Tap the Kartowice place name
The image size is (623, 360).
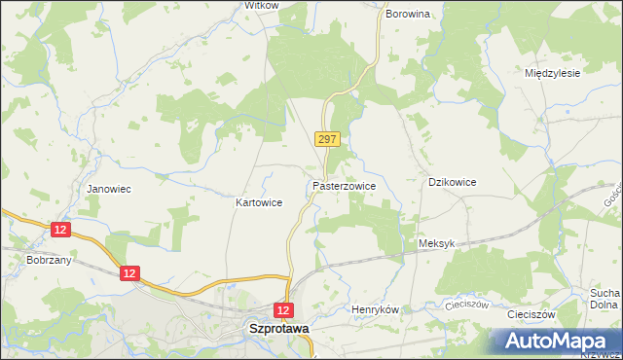click(x=259, y=203)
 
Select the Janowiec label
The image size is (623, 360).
click(x=109, y=189)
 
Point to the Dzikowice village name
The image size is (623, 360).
click(x=453, y=182)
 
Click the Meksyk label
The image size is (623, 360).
click(x=436, y=244)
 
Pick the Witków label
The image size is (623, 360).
click(x=262, y=5)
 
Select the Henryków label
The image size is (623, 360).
click(x=375, y=309)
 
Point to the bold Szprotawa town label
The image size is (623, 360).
click(x=279, y=329)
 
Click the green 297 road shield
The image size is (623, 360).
click(x=327, y=140)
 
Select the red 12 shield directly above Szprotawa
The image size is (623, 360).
click(x=283, y=309)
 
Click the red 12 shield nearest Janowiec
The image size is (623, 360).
click(x=60, y=229)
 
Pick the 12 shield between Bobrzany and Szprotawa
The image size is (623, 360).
click(x=129, y=274)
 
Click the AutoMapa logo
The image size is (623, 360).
click(x=555, y=342)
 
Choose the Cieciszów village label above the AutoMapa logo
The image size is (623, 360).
click(x=531, y=315)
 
